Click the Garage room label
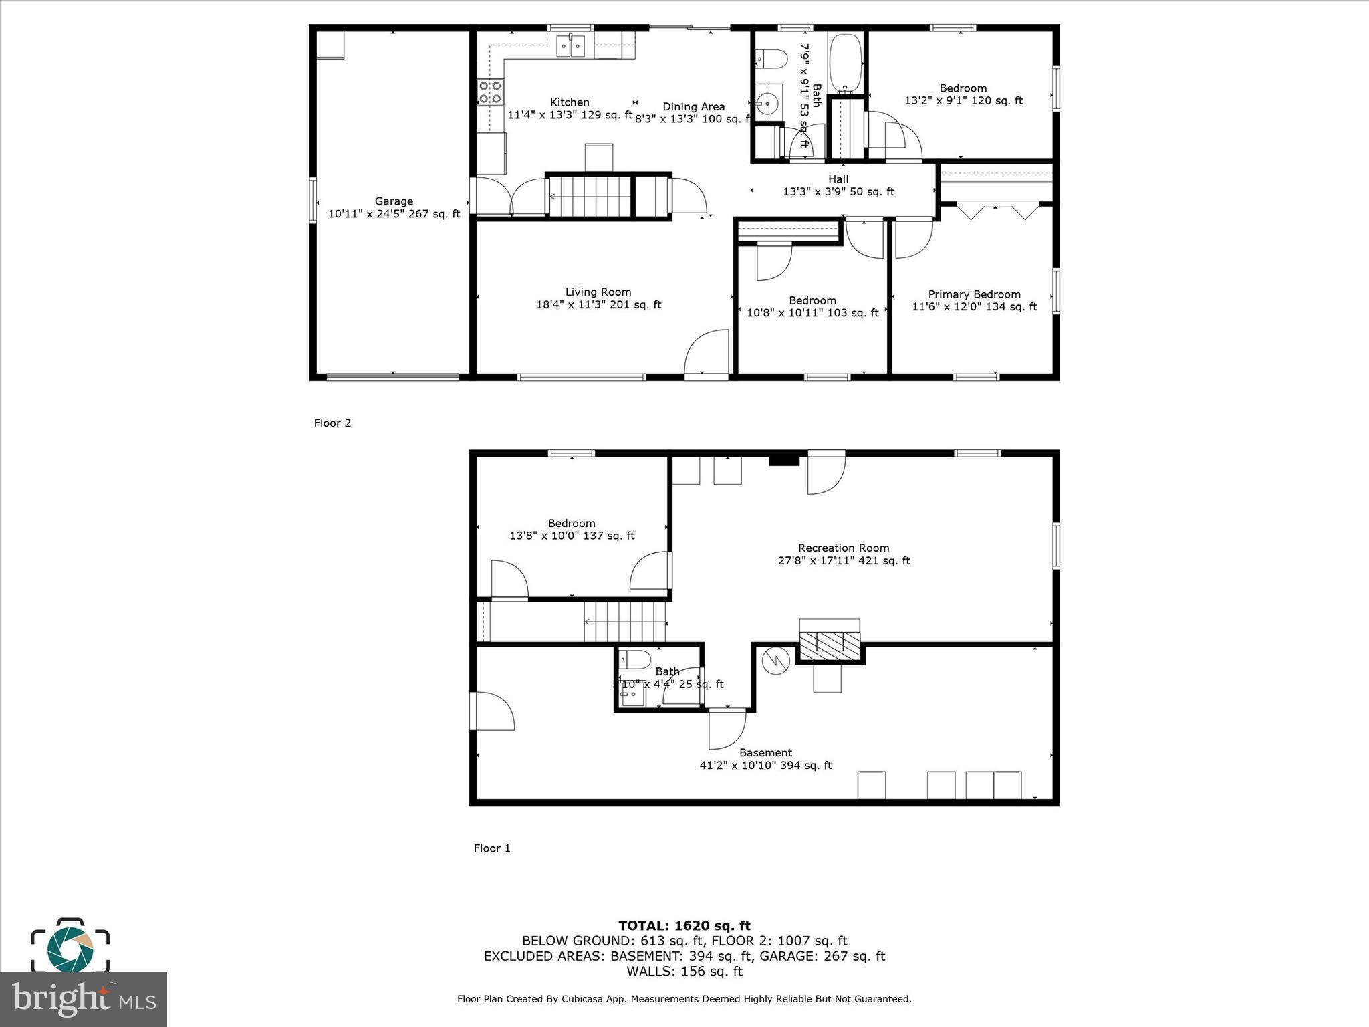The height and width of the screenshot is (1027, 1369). pos(394,207)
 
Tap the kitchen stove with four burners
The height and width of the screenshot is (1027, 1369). pos(490,92)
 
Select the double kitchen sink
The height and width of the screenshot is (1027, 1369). pos(571,46)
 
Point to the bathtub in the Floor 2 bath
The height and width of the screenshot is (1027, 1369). pos(846,63)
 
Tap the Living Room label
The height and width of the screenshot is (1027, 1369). pos(598,298)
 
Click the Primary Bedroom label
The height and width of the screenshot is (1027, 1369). pos(974,300)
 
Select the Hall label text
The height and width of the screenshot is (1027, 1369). pos(838,179)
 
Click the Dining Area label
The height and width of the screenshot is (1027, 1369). pos(693,107)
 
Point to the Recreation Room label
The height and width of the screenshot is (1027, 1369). pos(844,554)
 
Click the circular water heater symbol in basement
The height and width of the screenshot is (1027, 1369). pos(775,661)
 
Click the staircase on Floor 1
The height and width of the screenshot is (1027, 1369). pos(625,622)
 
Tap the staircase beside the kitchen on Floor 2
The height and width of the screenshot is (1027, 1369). pos(590,196)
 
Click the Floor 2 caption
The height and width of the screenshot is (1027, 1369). pos(332,423)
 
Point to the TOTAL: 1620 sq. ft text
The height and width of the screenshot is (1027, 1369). pos(684,926)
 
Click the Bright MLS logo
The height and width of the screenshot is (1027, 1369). pos(83,1000)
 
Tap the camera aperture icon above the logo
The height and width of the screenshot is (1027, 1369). pos(70,946)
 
